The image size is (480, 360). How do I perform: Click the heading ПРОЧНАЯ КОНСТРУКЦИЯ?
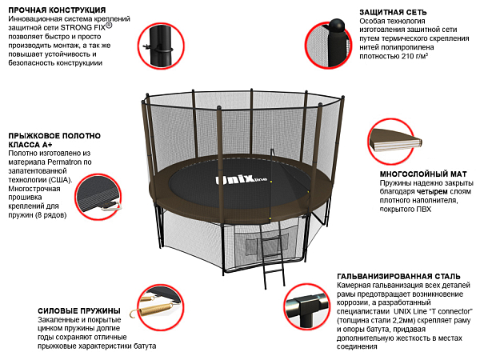pos(54,10)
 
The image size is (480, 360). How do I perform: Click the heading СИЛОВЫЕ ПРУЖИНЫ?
pos(79,310)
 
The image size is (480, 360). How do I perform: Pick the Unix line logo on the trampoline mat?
pos(239,181)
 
